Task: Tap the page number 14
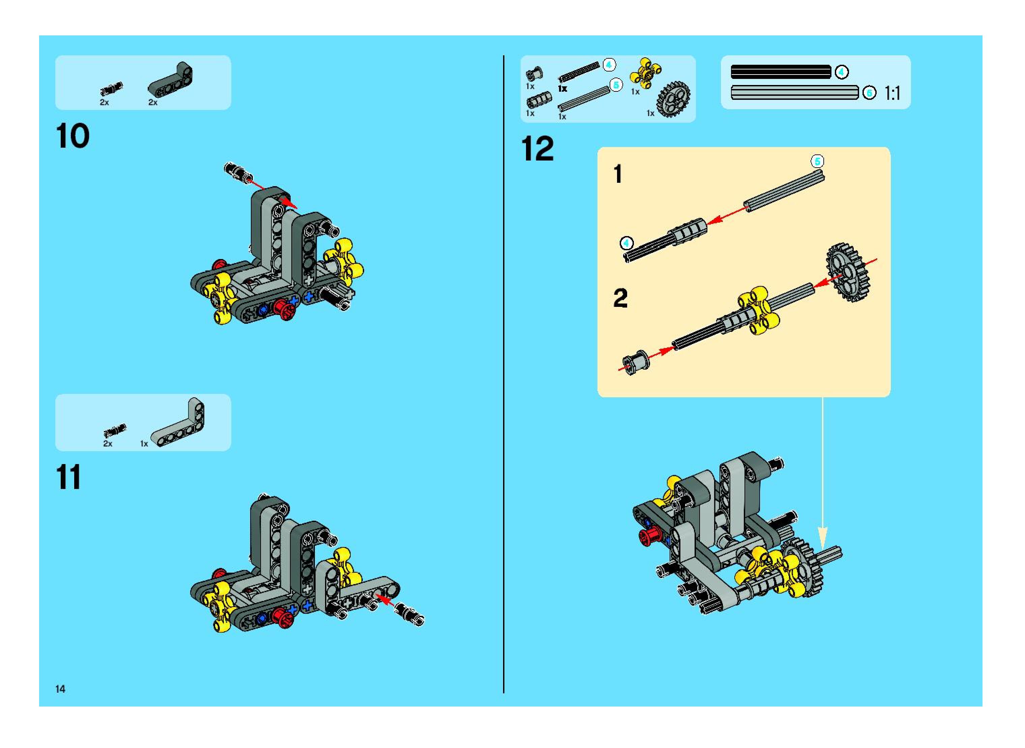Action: (60, 689)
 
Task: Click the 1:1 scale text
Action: (892, 93)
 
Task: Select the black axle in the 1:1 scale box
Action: (781, 72)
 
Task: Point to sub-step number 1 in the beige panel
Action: (618, 174)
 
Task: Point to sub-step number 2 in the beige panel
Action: (620, 298)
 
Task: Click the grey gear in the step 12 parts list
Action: (673, 99)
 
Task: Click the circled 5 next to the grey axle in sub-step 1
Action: (817, 161)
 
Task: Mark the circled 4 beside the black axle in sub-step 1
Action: (626, 243)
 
